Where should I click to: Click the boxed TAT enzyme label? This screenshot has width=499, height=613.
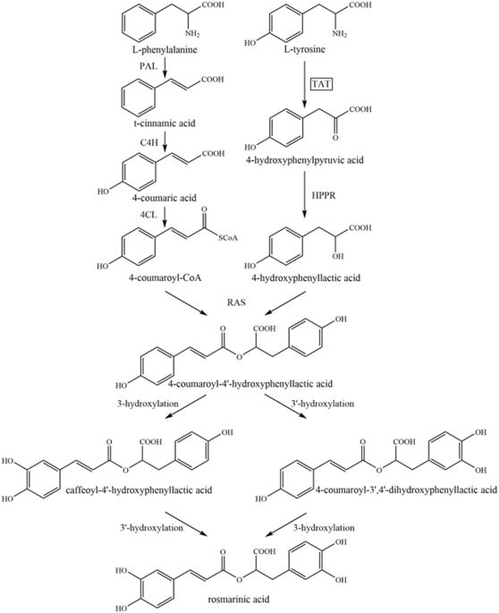point(321,83)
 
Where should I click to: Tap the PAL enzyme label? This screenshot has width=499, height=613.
point(148,66)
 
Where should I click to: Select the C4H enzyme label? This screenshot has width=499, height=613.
point(149,142)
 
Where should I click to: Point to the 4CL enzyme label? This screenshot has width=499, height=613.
point(148,216)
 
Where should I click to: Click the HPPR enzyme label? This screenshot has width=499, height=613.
point(324,195)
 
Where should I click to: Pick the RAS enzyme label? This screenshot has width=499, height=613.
point(236,302)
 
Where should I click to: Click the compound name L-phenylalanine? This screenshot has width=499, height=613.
point(165,49)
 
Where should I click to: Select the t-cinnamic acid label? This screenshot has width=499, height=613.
point(163,123)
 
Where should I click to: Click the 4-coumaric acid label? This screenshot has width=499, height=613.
point(165,198)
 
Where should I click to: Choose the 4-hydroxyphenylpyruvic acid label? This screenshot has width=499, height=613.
point(305,160)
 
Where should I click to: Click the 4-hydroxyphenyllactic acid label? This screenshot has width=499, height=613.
point(306,278)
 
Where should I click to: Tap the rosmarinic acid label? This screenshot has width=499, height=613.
point(239,599)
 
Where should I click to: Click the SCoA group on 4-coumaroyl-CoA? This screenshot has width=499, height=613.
point(229,238)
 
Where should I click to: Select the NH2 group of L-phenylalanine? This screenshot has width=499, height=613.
point(192,34)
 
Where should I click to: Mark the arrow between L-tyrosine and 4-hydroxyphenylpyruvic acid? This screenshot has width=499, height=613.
point(304,83)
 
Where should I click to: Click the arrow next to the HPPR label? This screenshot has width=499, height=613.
point(304,195)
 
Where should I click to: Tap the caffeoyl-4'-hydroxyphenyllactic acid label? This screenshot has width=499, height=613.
point(140,490)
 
